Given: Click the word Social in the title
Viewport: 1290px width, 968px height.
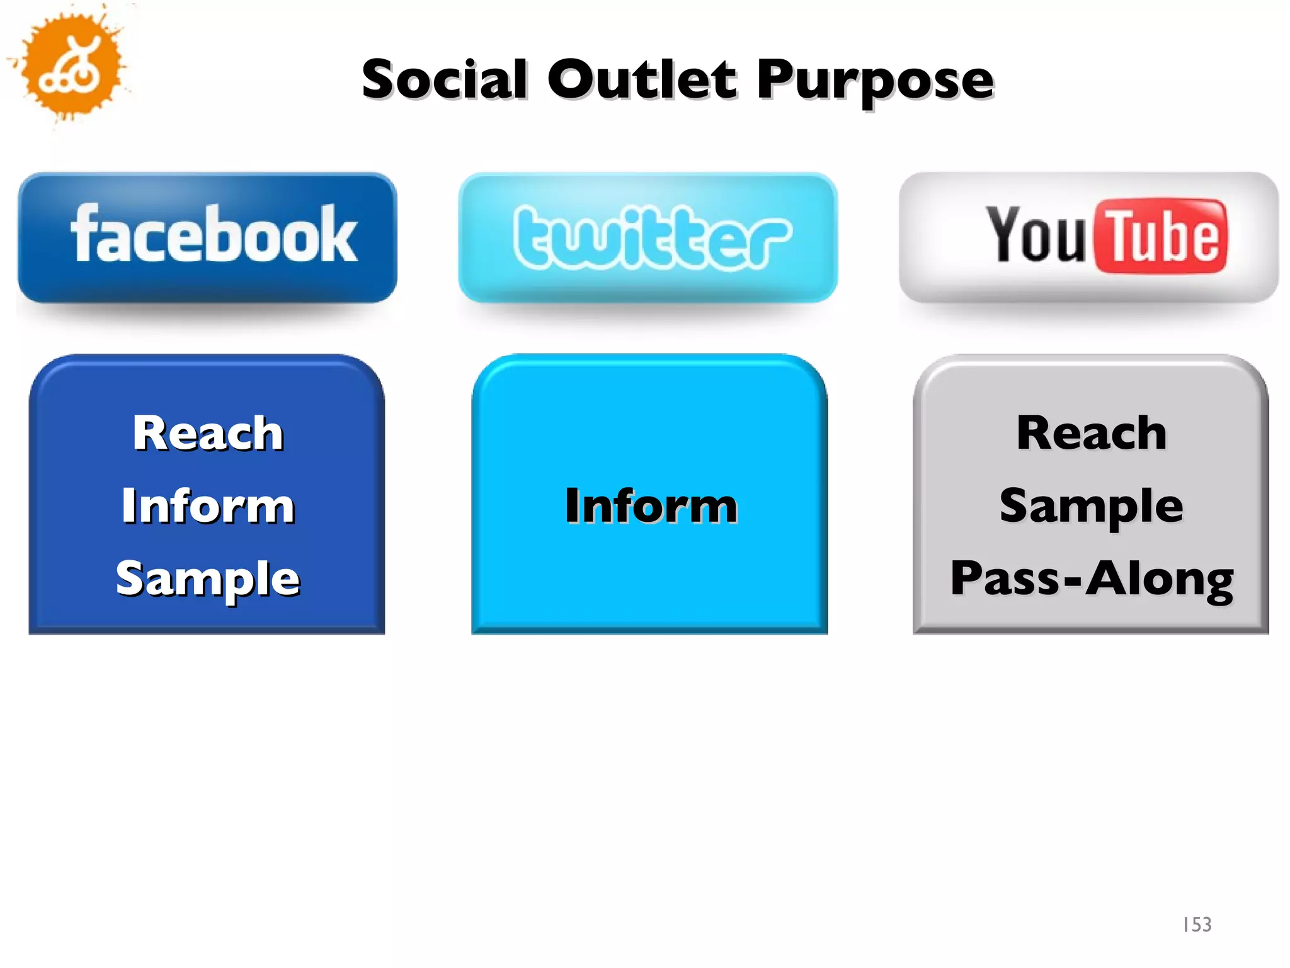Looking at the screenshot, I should [445, 79].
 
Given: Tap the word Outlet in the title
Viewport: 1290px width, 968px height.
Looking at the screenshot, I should [642, 79].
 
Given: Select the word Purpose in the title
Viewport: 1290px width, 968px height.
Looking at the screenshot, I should [876, 81].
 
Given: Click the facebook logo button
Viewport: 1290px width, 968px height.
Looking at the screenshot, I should [208, 238].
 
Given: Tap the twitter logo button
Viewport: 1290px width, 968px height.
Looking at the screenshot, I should [649, 238].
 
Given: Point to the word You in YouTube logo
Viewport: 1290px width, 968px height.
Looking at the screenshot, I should [1035, 234].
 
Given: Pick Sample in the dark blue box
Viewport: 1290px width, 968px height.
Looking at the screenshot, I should [208, 579].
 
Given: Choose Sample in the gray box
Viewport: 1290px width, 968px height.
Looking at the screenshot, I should [1092, 507].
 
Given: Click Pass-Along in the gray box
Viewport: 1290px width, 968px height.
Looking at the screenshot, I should [1092, 579].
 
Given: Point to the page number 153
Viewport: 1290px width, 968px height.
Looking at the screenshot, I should [1197, 925].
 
